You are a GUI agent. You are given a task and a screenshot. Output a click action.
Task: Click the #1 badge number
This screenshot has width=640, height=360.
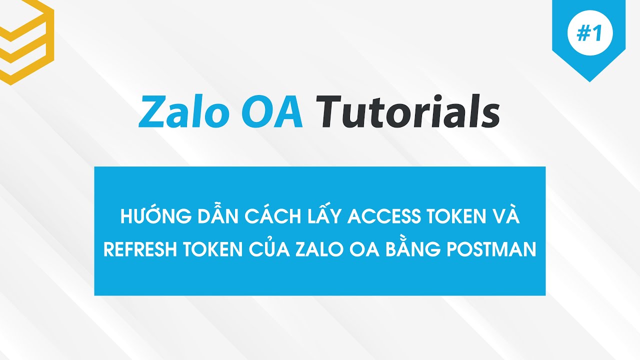point(588,33)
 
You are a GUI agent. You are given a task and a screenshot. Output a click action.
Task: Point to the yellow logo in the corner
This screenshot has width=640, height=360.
point(25,40)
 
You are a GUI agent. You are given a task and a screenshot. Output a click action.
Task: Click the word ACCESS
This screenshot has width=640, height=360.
point(382,218)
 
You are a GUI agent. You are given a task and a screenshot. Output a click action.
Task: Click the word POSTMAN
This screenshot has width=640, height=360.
point(492,249)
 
